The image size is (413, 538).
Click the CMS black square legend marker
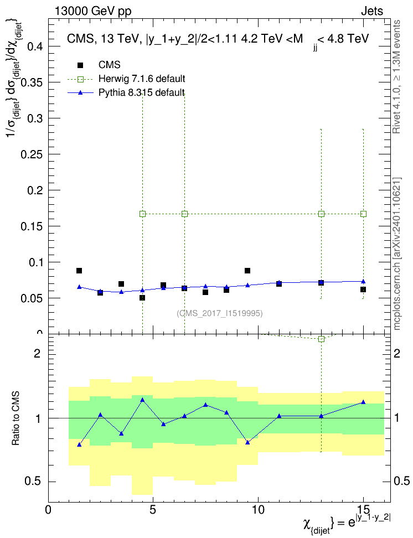(80, 65)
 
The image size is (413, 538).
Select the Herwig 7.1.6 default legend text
(141, 79)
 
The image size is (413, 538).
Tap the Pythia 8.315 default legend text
(141, 92)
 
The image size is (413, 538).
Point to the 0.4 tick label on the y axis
(35, 46)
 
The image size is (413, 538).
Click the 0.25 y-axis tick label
(32, 154)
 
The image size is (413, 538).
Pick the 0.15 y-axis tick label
(32, 226)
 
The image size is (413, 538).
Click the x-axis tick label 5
(153, 510)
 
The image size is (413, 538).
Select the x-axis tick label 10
(258, 510)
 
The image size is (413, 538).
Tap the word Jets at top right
(372, 11)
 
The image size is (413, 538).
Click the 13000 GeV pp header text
(92, 11)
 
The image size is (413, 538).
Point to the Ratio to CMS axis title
(16, 418)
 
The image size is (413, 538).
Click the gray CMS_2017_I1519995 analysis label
(220, 313)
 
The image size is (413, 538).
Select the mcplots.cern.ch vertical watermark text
(397, 254)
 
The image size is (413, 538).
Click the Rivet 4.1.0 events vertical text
(396, 77)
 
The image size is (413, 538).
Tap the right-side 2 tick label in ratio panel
(397, 353)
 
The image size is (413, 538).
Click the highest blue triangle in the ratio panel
(142, 400)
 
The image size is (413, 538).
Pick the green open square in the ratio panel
(321, 339)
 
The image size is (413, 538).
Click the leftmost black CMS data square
(79, 271)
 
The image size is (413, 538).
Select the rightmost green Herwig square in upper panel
(364, 214)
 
